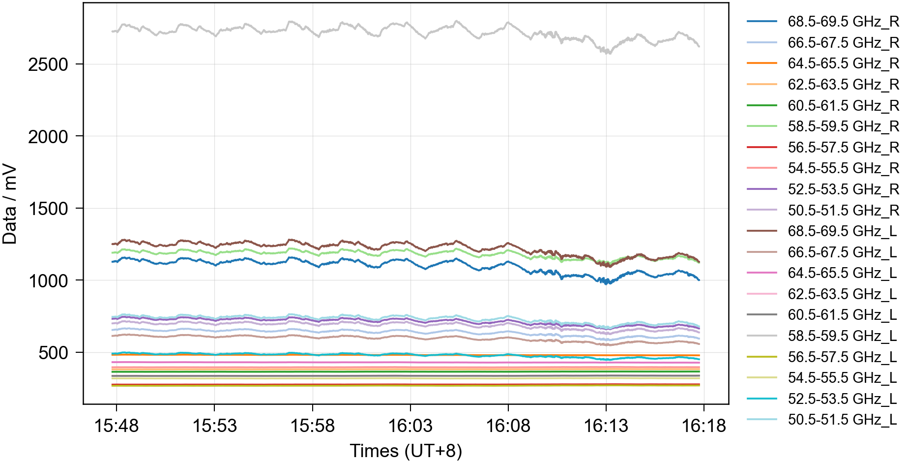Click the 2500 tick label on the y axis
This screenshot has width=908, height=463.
coord(48,64)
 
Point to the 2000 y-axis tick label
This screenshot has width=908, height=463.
coord(48,137)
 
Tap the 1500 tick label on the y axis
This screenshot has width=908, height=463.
coord(48,209)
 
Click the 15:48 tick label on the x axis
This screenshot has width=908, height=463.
coord(117,426)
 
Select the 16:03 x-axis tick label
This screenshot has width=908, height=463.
coord(410,426)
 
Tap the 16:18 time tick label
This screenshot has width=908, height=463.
coord(703,426)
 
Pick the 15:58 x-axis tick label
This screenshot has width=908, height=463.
coord(312,426)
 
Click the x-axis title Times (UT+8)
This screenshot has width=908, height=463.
coord(406,451)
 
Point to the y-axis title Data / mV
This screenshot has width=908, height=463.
coord(10,204)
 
